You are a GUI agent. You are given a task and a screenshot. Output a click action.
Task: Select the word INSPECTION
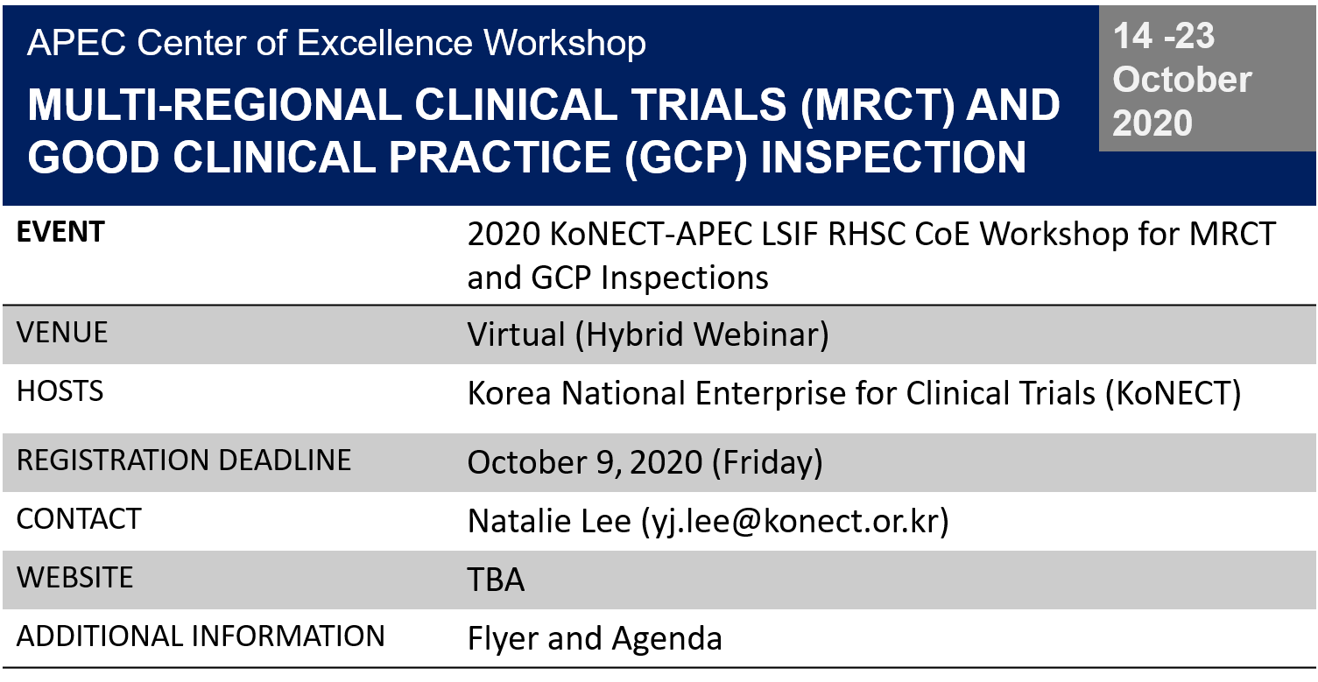pyautogui.click(x=893, y=158)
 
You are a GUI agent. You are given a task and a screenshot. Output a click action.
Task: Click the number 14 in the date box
pyautogui.click(x=1132, y=37)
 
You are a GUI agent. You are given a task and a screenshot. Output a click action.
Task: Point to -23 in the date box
pyautogui.click(x=1188, y=37)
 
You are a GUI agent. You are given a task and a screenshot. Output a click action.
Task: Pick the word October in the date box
pyautogui.click(x=1181, y=80)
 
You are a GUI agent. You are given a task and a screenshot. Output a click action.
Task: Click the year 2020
pyautogui.click(x=1152, y=123)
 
